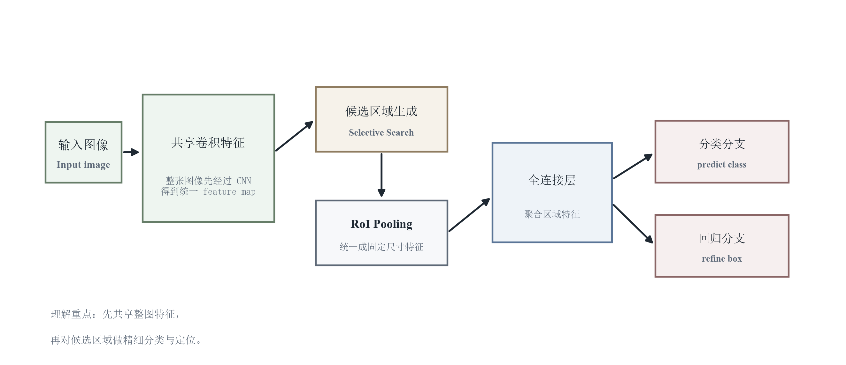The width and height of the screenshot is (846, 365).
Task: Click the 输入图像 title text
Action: pyautogui.click(x=83, y=145)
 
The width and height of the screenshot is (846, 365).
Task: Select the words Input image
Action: pyautogui.click(x=83, y=165)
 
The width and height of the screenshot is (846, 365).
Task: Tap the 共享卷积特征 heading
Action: pyautogui.click(x=208, y=143)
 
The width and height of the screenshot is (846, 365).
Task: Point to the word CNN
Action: pyautogui.click(x=244, y=181)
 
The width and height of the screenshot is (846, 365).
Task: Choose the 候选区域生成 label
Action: pyautogui.click(x=381, y=111)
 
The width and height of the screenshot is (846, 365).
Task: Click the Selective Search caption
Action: pyautogui.click(x=381, y=132)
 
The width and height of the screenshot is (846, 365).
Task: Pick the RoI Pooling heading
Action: pyautogui.click(x=381, y=224)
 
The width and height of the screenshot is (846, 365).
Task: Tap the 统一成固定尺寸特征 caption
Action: pyautogui.click(x=381, y=247)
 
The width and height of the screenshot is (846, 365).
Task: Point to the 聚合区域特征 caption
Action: pyautogui.click(x=552, y=214)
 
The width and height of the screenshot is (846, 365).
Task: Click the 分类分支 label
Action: pyautogui.click(x=721, y=144)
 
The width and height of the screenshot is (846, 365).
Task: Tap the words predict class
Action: pyautogui.click(x=721, y=165)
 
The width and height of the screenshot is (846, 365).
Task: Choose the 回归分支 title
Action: pyautogui.click(x=721, y=238)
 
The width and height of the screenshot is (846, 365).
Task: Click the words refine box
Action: pyautogui.click(x=721, y=259)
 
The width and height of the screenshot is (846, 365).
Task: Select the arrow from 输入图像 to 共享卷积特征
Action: pyautogui.click(x=131, y=152)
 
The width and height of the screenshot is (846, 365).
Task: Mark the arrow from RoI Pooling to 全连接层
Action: pyautogui.click(x=469, y=215)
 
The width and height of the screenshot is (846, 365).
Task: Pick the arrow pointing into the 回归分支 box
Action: pyautogui.click(x=633, y=224)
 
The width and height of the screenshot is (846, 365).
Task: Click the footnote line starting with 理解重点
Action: pyautogui.click(x=115, y=314)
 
